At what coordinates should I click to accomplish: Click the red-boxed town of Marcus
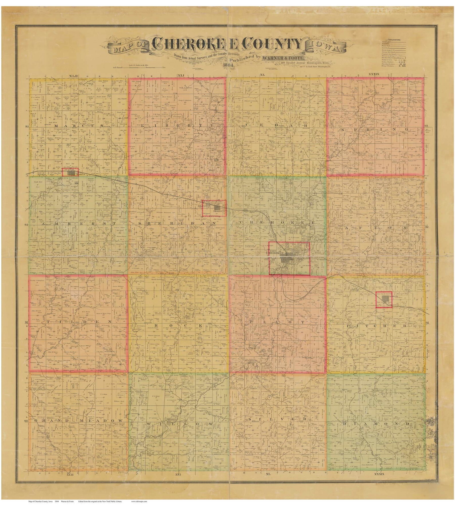click(x=70, y=172)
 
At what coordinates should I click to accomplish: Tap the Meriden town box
click(x=214, y=208)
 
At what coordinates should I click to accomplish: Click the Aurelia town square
click(x=384, y=300)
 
